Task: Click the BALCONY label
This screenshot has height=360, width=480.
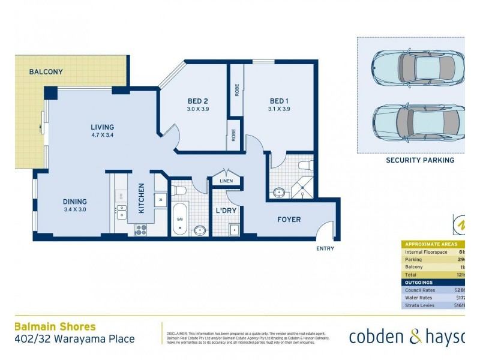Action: (46, 72)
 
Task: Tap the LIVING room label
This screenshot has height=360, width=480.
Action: (102, 127)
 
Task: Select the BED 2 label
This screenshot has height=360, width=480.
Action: (197, 101)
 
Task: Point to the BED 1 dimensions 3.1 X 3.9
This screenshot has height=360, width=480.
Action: (280, 109)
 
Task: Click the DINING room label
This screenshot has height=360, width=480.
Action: (75, 202)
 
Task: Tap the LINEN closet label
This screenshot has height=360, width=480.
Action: (226, 181)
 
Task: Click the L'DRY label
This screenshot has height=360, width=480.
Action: (226, 211)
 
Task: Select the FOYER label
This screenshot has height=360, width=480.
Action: (289, 220)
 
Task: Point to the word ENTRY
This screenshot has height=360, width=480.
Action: (325, 248)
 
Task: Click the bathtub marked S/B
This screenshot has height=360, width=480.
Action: (179, 219)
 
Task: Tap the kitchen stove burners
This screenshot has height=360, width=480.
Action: (141, 228)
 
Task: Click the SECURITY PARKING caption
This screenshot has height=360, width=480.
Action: (419, 160)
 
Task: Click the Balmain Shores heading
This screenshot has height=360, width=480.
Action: (55, 327)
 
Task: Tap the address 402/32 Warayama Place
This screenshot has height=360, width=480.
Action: (74, 339)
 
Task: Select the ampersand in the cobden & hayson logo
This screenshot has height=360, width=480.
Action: (416, 337)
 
